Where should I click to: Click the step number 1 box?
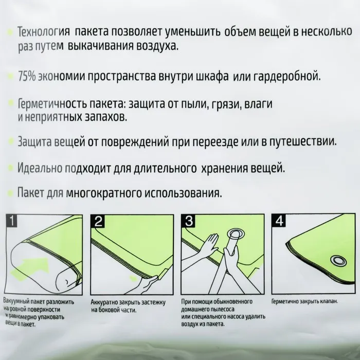tap(11, 221)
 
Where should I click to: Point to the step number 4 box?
tap(279, 221)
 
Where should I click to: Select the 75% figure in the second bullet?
tap(27, 77)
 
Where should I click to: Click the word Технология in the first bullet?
tap(44, 32)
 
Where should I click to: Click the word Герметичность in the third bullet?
tap(52, 104)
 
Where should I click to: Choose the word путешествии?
tap(302, 141)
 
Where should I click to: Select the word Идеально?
tap(40, 168)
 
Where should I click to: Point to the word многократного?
tap(103, 193)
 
